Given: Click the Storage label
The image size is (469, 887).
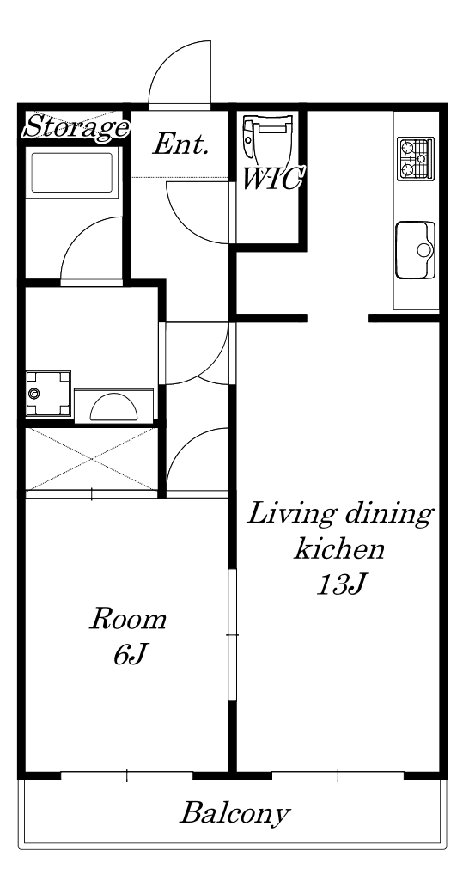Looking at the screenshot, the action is click(x=75, y=127).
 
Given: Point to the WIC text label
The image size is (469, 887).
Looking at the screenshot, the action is click(x=271, y=180).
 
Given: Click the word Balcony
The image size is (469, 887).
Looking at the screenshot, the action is click(x=234, y=814).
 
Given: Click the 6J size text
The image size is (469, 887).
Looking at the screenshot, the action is click(x=130, y=654).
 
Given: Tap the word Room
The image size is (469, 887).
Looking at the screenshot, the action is click(x=129, y=619).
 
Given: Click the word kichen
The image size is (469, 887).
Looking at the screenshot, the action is click(x=339, y=548).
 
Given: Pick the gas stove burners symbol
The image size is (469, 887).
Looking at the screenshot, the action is click(x=416, y=159).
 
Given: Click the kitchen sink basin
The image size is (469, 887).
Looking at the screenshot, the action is click(x=416, y=250).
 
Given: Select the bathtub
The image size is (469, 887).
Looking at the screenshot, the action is click(x=72, y=173).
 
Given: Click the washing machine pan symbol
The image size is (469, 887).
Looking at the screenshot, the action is click(x=48, y=394).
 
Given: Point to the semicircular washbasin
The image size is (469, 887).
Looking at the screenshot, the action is click(x=113, y=406).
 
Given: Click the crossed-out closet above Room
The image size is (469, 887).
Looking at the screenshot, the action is click(x=92, y=459).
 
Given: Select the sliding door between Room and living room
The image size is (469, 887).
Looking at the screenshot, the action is click(x=232, y=634).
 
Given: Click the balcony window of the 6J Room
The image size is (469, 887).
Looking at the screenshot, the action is click(x=126, y=775).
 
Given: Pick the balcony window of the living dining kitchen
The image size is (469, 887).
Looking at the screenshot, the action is click(x=338, y=775).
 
